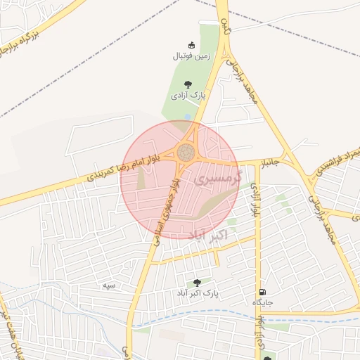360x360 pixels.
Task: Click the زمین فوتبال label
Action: coord(186,56)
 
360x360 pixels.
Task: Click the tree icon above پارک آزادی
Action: coord(188,84)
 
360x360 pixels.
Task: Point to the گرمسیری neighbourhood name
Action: coord(217,179)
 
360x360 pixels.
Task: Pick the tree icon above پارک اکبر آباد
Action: coord(196,283)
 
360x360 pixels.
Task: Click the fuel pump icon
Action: coord(262,292)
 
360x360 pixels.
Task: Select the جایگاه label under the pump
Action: coord(262,302)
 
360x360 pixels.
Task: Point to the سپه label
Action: coord(108,285)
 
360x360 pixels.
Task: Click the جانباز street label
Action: coord(271,163)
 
